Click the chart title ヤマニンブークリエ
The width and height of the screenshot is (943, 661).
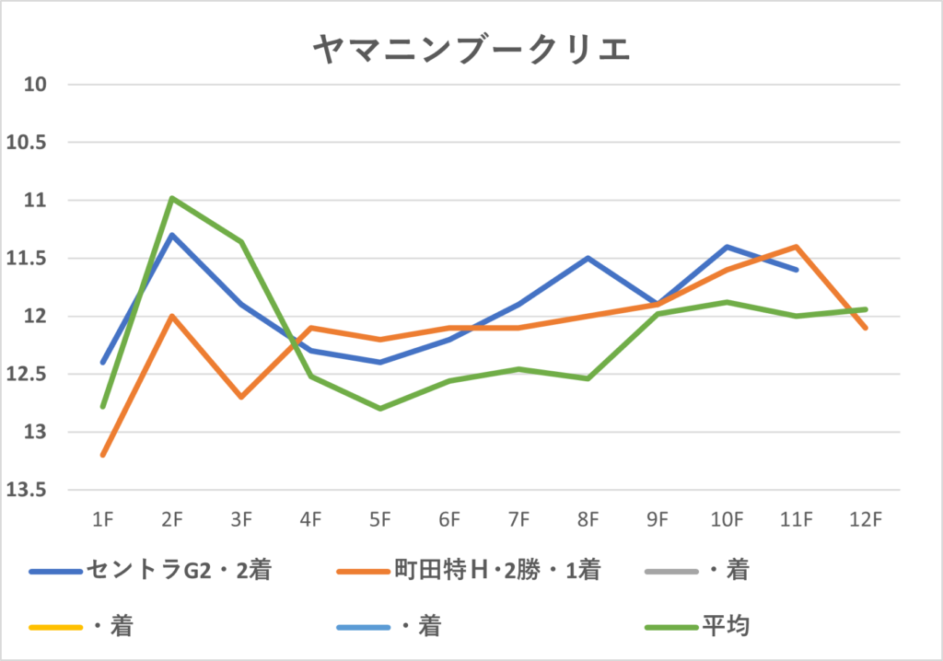point(471,50)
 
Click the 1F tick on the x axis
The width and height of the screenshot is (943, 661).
point(102,520)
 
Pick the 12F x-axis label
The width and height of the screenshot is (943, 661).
point(866,520)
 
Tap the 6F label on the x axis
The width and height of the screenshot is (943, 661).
point(449,520)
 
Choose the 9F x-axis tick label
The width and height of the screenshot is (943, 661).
point(658,520)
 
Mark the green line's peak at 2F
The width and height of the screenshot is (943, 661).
point(172,198)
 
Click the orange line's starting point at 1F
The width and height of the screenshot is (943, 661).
point(102,455)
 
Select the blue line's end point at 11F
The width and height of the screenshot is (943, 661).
point(797,270)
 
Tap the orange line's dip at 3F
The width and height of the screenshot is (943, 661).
point(241,397)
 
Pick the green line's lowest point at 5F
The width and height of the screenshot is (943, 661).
point(380,409)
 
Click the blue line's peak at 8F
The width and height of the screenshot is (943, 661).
point(588,258)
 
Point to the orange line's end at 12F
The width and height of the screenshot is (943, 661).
point(866,328)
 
